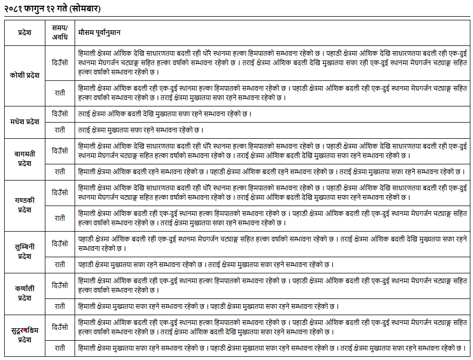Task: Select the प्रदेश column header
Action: coord(24,32)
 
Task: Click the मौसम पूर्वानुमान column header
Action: coord(99,32)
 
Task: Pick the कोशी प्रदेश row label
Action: coord(24,75)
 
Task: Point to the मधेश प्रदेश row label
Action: coord(24,122)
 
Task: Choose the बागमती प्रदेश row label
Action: coord(24,159)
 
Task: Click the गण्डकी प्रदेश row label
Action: coord(24,205)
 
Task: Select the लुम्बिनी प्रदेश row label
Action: coord(24,251)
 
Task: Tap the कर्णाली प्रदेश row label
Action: coord(24,293)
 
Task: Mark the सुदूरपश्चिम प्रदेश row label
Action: coord(24,335)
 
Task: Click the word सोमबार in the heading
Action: coord(84,9)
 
